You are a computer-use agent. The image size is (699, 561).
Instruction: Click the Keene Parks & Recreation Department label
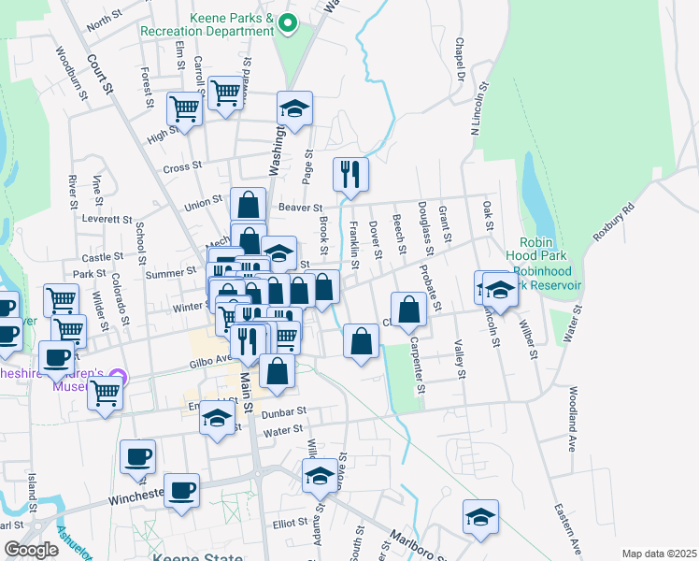(207, 23)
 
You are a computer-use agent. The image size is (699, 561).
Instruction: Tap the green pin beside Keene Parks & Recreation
(288, 23)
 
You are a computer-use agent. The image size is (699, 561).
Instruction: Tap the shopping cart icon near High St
(185, 108)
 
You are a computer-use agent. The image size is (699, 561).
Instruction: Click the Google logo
(31, 550)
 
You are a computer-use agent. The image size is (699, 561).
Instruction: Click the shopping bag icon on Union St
(247, 204)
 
